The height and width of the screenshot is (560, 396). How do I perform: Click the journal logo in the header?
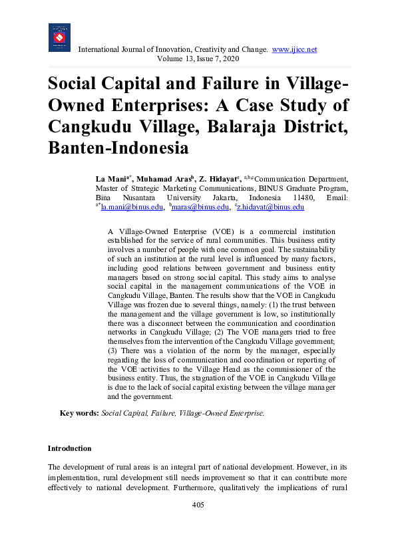click(59, 38)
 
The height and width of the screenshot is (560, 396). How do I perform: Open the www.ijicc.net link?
click(294, 50)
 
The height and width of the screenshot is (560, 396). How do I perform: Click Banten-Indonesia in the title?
click(118, 148)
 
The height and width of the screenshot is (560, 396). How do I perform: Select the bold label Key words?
click(79, 413)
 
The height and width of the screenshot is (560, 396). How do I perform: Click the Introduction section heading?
click(70, 448)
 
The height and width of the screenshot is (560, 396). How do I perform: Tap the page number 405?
click(198, 505)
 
